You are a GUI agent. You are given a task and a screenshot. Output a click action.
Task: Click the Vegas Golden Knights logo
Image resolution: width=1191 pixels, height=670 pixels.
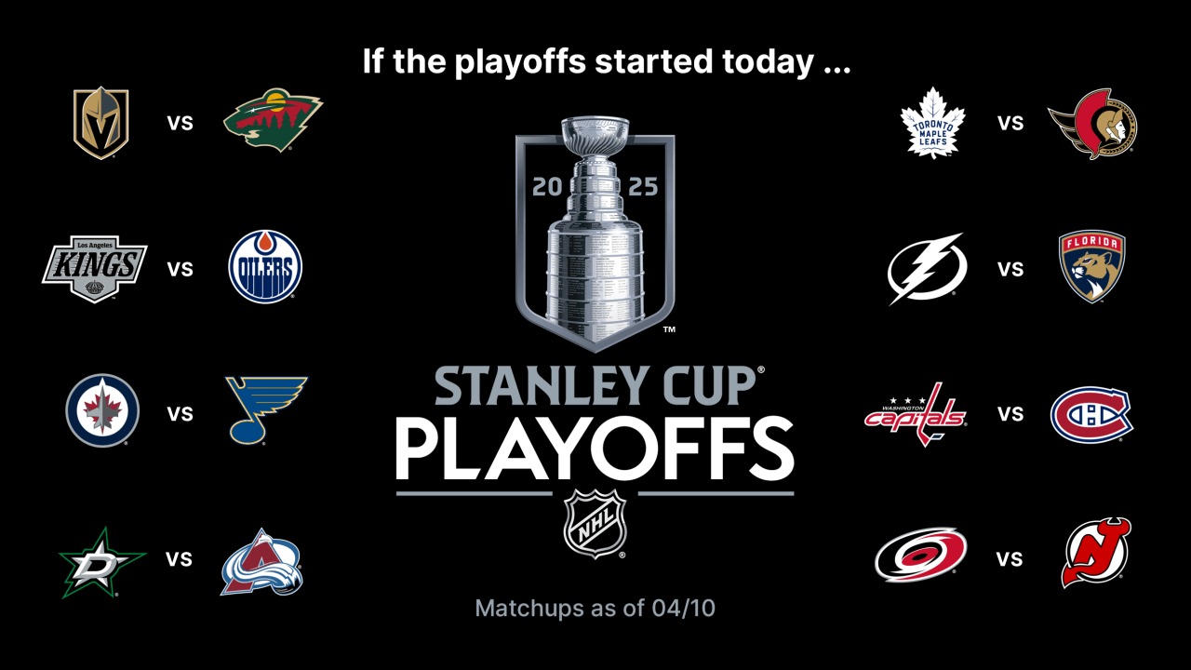pyautogui.click(x=100, y=123)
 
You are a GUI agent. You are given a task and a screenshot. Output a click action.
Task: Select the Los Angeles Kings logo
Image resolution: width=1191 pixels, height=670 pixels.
pyautogui.click(x=95, y=268)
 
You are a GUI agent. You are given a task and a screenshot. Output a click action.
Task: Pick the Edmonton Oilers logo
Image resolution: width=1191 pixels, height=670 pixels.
pyautogui.click(x=265, y=268)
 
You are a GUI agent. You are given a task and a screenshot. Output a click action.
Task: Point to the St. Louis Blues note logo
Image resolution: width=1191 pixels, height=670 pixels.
pyautogui.click(x=267, y=410)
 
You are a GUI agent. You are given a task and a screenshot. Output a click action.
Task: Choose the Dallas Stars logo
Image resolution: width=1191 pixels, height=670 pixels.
pyautogui.click(x=101, y=561)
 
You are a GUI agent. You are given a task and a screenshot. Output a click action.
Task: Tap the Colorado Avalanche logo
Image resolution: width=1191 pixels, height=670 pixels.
pyautogui.click(x=262, y=563)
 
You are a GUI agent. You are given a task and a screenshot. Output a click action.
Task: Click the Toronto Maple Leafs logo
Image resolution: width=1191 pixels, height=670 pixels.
pyautogui.click(x=932, y=123)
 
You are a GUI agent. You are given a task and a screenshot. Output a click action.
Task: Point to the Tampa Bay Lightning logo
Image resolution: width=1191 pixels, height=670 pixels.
pyautogui.click(x=927, y=268)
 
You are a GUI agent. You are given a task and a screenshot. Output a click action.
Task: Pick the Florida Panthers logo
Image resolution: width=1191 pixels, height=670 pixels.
pyautogui.click(x=1092, y=267)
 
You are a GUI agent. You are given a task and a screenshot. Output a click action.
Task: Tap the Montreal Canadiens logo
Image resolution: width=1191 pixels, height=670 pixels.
pyautogui.click(x=1091, y=414)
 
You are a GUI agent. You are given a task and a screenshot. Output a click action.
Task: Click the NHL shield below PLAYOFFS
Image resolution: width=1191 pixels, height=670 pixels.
pyautogui.click(x=595, y=524)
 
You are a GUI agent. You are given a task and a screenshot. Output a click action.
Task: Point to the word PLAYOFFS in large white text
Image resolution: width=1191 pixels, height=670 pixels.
pyautogui.click(x=595, y=449)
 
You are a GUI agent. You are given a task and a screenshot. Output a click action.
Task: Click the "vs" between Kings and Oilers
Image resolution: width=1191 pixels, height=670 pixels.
pyautogui.click(x=181, y=269)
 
